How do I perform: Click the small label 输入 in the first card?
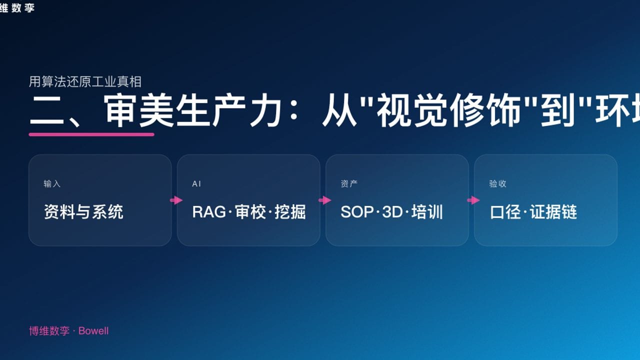[52, 184]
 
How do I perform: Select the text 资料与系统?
[83, 212]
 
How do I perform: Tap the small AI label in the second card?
[196, 184]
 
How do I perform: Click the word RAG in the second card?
[209, 212]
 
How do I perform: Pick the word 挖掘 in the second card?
[290, 212]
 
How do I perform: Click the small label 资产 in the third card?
[349, 184]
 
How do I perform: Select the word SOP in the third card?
[357, 212]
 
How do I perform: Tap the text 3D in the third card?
[392, 212]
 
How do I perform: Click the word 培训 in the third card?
[427, 212]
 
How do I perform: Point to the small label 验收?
[497, 184]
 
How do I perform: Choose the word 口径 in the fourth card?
[505, 212]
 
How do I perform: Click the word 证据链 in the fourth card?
[553, 212]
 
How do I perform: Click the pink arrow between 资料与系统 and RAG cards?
[176, 200]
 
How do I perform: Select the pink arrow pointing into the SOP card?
[324, 200]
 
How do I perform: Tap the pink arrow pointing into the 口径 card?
[473, 200]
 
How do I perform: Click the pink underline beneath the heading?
[91, 134]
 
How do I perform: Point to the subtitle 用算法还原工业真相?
[85, 81]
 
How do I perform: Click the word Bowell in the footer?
[93, 331]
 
